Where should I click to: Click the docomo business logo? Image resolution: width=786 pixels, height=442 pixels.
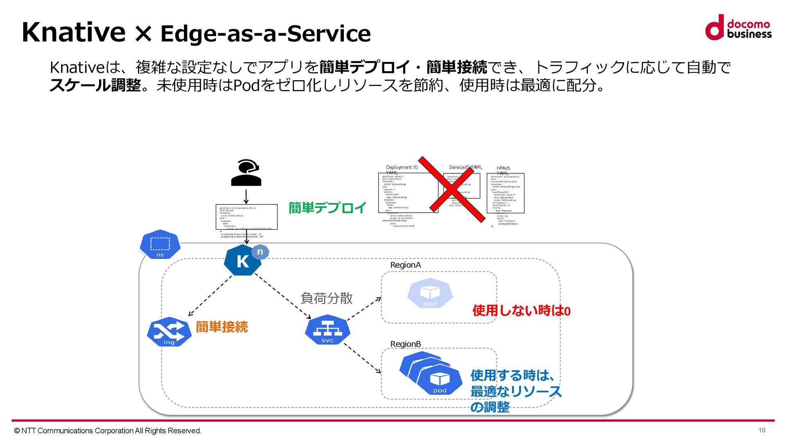pos(738,27)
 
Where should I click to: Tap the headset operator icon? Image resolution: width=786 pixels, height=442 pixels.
pos(246,173)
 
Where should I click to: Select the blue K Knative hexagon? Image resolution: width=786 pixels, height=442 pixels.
pos(242,261)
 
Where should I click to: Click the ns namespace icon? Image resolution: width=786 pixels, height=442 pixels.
pos(160,245)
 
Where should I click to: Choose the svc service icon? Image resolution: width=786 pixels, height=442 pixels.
pos(327,330)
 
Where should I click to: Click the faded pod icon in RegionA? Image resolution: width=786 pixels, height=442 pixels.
pos(430,293)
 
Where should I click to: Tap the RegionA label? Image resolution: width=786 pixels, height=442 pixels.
pos(405,265)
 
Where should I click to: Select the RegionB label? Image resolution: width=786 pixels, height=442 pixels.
pos(405,344)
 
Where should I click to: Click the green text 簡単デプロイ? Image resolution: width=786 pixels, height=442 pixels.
pos(327,208)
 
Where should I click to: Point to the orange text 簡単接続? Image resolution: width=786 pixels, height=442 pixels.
pos(221,327)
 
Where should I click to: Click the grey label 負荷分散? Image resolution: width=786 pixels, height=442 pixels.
pos(326,298)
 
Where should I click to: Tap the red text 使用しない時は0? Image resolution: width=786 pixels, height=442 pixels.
pos(521,311)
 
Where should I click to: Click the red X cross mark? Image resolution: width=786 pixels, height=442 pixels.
pos(451,189)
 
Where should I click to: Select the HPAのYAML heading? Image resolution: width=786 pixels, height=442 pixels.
pos(503,170)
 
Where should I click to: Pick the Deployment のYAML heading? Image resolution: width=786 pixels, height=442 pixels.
pos(402,169)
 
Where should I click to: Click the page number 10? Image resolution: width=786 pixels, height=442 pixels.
pos(762,430)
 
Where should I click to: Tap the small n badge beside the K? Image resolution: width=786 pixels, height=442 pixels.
pos(260,252)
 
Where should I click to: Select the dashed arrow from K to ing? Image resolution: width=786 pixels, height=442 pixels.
pos(210,295)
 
